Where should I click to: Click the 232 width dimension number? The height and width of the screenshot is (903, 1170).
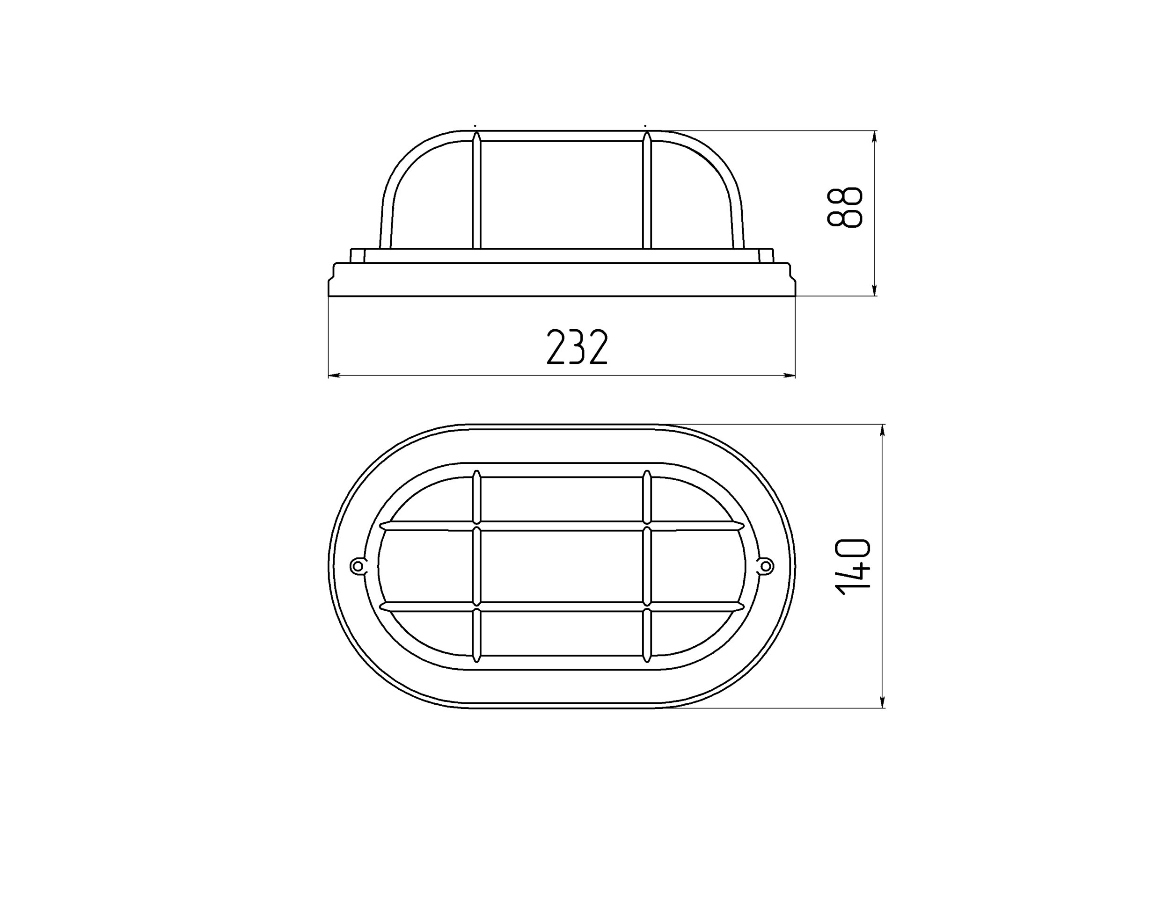tap(577, 347)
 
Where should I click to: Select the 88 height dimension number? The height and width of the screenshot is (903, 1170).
tap(845, 207)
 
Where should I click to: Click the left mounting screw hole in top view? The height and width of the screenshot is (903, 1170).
tap(357, 566)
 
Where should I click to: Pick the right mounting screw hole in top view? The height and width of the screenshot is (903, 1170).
tap(767, 566)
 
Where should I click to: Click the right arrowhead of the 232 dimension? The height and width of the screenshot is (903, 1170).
tap(789, 375)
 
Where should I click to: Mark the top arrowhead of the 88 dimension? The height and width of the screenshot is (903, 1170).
tap(874, 137)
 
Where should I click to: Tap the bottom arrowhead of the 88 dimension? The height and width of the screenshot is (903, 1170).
tap(874, 289)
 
